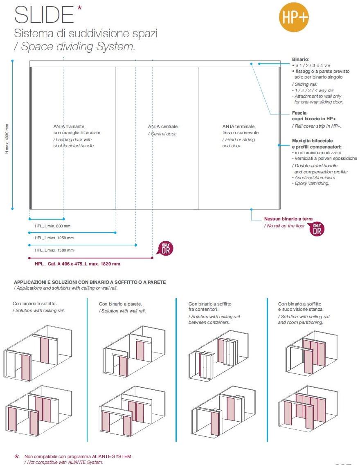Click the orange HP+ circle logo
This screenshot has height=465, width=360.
[x=293, y=17]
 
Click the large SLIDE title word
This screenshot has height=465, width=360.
[x=44, y=15]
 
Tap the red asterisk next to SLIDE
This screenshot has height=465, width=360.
[x=79, y=9]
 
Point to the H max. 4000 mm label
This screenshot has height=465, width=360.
[x=7, y=139]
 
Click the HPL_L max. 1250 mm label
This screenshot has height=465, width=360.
[x=54, y=238]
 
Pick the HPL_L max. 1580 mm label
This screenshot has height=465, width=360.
[x=54, y=250]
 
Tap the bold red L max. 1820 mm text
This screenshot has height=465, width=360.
[x=77, y=264]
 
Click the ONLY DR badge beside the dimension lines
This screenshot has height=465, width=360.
[x=165, y=249]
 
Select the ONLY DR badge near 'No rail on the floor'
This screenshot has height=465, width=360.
[x=317, y=229]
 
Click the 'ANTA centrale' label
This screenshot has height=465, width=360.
[x=163, y=126]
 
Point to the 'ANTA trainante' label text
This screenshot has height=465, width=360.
[x=70, y=126]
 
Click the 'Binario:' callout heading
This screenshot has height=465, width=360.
[x=301, y=59]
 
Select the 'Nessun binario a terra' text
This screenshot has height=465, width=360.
[x=288, y=219]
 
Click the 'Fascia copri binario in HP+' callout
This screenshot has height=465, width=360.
[x=314, y=115]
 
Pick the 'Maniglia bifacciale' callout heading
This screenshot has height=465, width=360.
[x=313, y=141]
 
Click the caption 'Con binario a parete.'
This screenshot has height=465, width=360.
[x=120, y=304]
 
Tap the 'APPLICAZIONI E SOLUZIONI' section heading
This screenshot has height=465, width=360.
[x=90, y=282]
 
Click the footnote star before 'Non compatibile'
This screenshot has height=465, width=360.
[x=17, y=456]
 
